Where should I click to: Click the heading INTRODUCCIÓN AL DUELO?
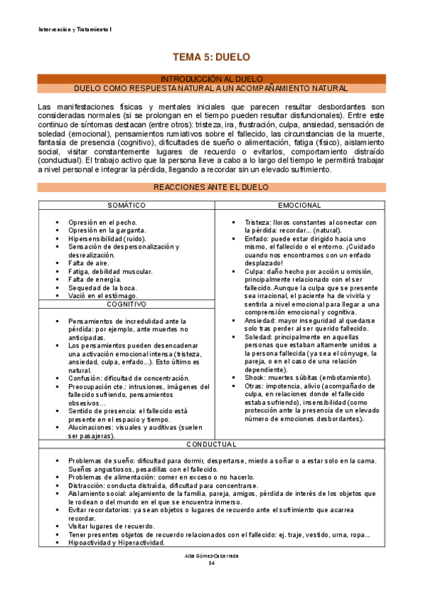[x=211, y=78]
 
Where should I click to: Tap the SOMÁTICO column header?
[x=126, y=205]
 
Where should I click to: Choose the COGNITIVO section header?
[x=126, y=304]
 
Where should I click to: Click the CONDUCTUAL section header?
[x=211, y=444]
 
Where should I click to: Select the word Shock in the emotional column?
[x=255, y=377]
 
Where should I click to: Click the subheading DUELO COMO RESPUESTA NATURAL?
[x=211, y=88]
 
